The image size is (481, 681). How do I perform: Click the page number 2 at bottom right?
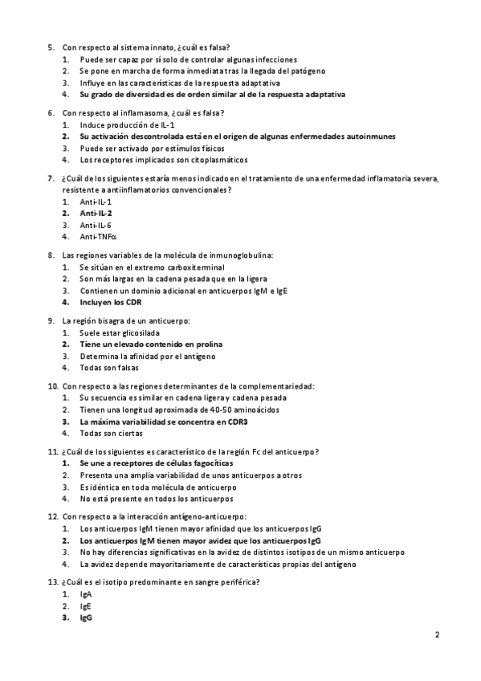point(438,634)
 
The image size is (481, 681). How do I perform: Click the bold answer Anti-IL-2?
point(96,214)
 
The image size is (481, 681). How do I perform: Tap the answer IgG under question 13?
point(86,618)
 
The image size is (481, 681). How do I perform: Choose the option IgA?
point(86,594)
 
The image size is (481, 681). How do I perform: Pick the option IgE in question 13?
point(86,606)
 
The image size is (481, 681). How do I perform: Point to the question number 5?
point(51,48)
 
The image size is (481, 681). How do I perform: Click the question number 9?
point(51,320)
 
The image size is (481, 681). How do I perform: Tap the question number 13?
point(53,581)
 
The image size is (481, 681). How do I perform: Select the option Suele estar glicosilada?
point(120,332)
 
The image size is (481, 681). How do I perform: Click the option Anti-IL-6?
point(96,226)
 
